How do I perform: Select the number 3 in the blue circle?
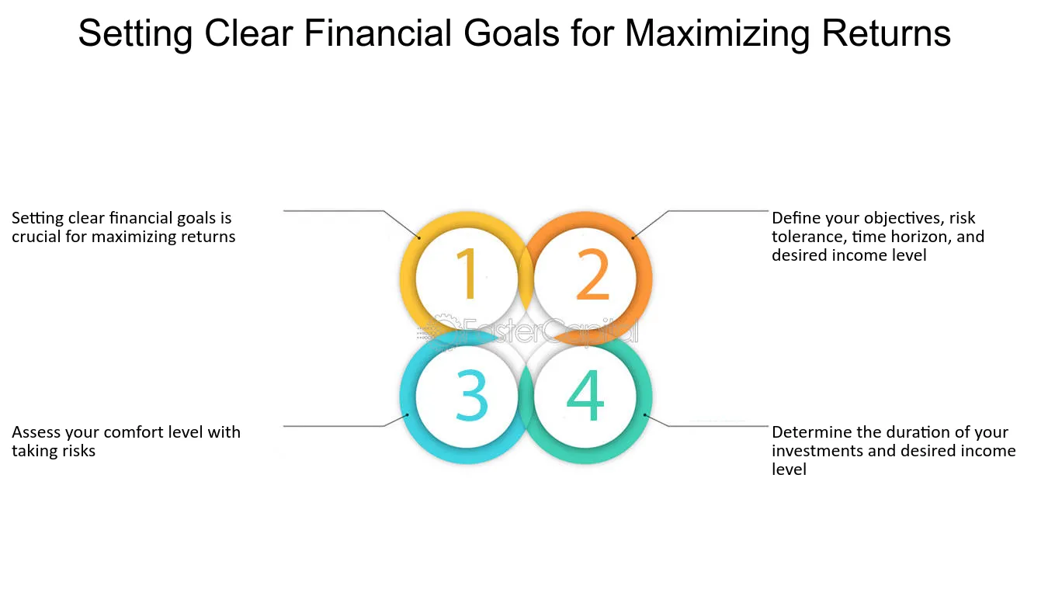tap(471, 395)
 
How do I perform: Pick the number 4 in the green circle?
tap(585, 395)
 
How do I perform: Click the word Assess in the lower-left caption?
tap(36, 432)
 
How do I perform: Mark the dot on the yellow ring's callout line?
tap(419, 237)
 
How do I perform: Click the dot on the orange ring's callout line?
tap(633, 237)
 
